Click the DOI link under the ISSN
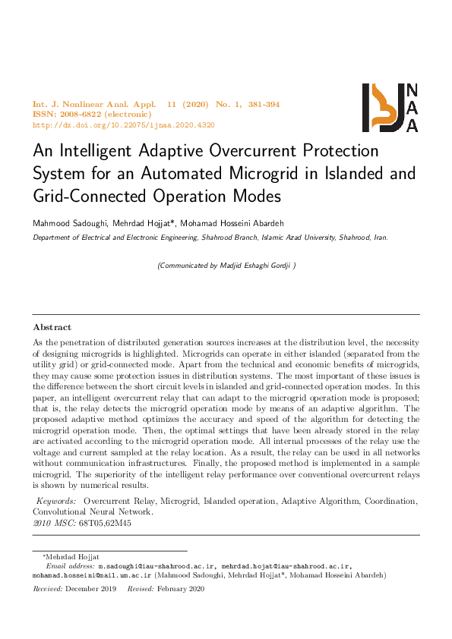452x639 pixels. pos(124,124)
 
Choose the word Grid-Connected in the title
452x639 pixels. pos(83,196)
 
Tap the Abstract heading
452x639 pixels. pos(52,327)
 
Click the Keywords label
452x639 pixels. pos(57,502)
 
